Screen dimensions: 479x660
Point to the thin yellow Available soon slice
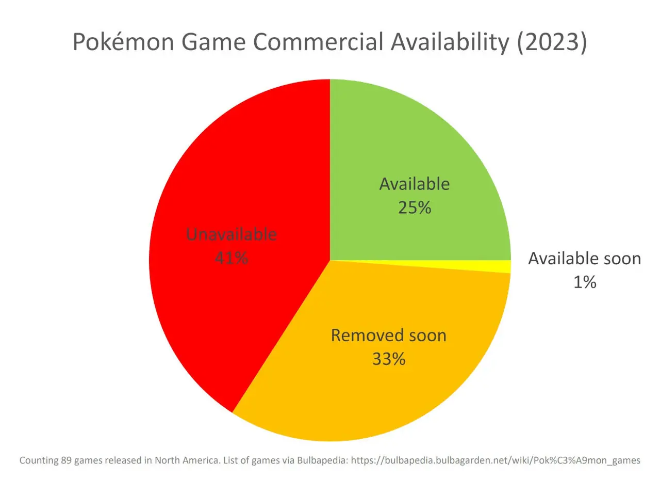(x=503, y=267)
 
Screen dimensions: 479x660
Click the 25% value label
(x=415, y=207)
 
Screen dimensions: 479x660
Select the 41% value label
(x=231, y=258)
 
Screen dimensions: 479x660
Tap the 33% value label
(x=389, y=359)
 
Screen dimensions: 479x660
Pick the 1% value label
(x=585, y=282)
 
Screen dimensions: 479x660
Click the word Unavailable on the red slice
(x=231, y=235)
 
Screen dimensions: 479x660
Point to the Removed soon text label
(x=388, y=336)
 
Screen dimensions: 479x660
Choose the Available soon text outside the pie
(x=584, y=258)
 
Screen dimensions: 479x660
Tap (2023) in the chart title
(x=552, y=42)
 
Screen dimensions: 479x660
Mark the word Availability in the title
(x=450, y=42)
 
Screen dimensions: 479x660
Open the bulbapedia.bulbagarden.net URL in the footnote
(x=495, y=460)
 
